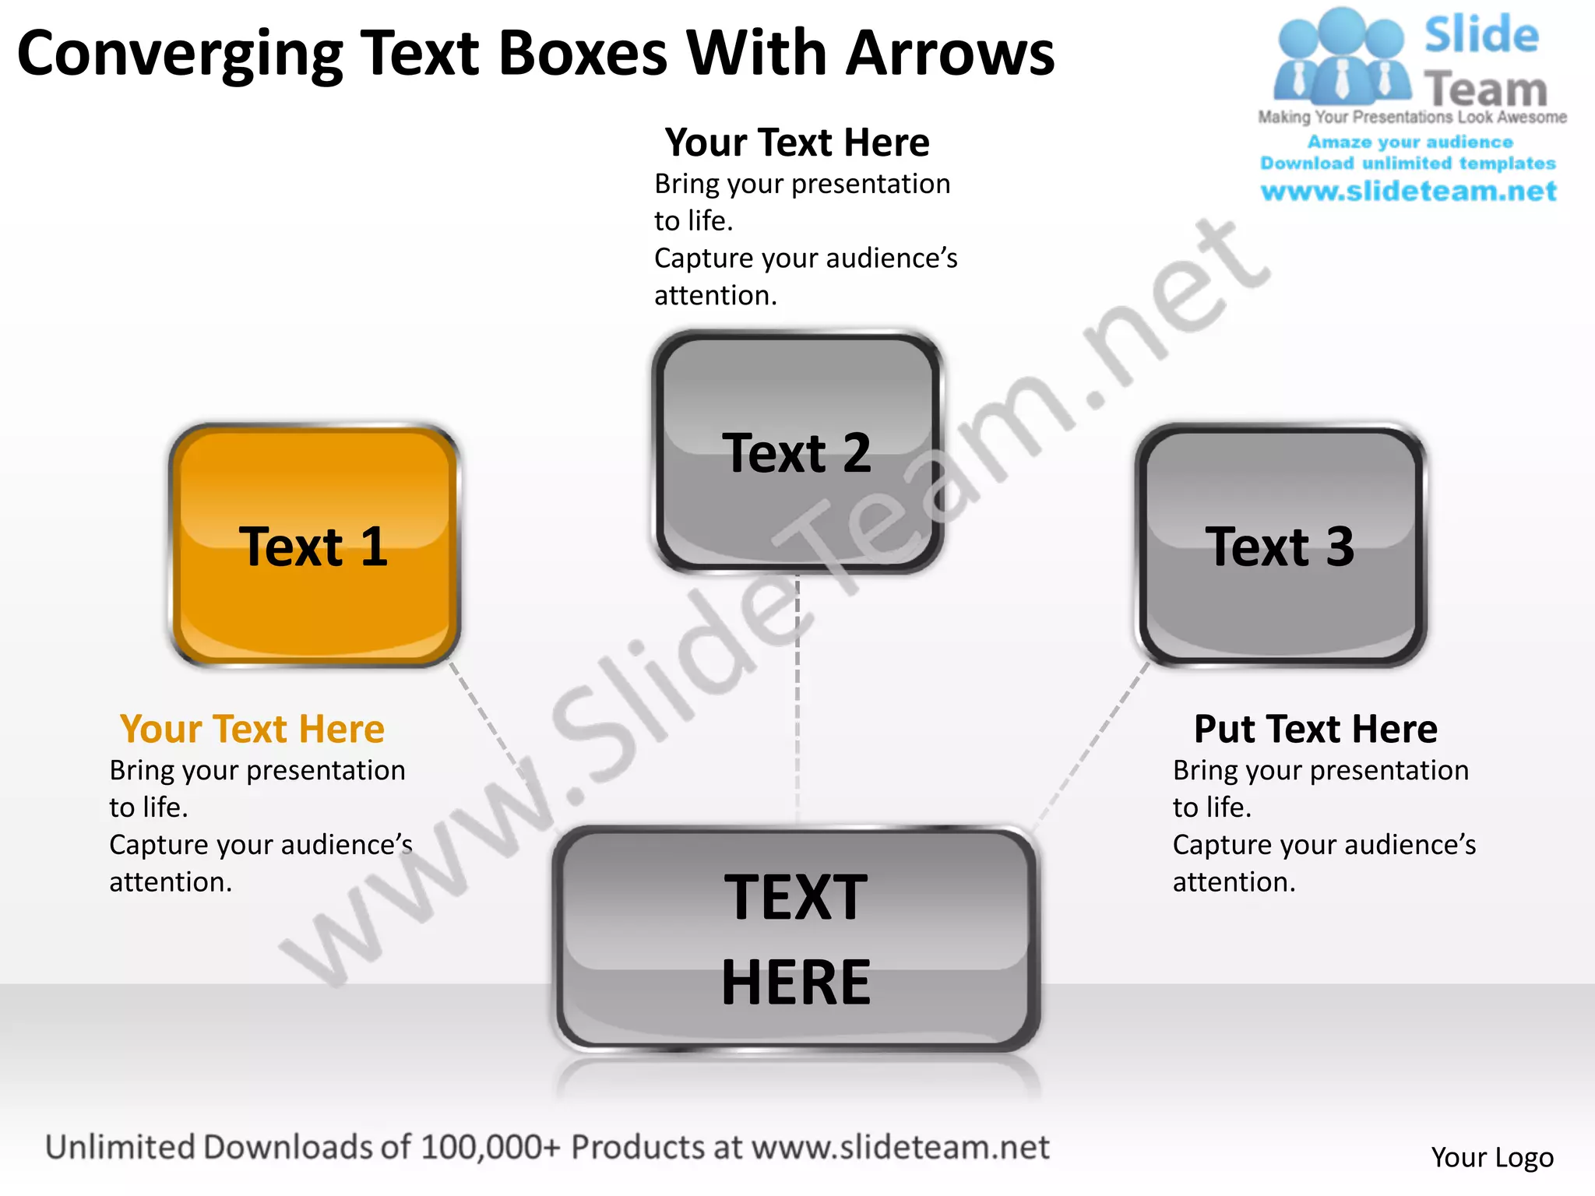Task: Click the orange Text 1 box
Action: click(x=314, y=545)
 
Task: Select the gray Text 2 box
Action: click(x=797, y=452)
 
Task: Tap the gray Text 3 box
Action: click(x=1280, y=545)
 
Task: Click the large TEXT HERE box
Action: click(x=796, y=938)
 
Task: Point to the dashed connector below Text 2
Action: click(x=797, y=701)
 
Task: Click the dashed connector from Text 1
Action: click(x=487, y=724)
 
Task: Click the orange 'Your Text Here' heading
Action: click(x=252, y=730)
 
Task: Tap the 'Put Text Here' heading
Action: click(x=1315, y=730)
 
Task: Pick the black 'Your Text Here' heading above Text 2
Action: click(x=797, y=142)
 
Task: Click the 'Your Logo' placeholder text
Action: click(x=1491, y=1157)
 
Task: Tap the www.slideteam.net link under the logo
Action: click(x=1408, y=192)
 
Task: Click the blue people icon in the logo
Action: click(x=1341, y=58)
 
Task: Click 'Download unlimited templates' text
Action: click(x=1408, y=164)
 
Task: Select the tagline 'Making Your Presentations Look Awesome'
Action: click(x=1412, y=118)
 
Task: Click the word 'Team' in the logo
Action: click(x=1486, y=90)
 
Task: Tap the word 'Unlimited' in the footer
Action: click(x=120, y=1148)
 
